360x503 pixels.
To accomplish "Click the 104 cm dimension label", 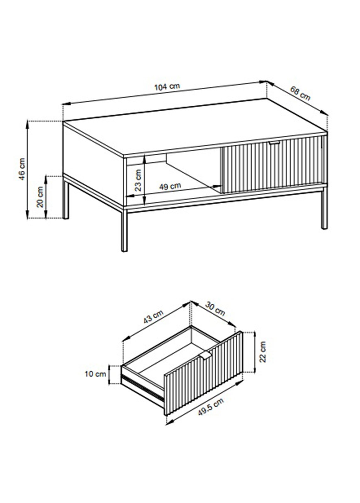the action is (167, 87).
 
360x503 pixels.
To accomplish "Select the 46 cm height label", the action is (22, 169).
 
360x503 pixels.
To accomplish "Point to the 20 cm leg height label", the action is (41, 197).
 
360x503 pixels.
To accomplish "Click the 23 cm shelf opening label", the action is (138, 180).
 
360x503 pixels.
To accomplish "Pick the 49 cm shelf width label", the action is (170, 186).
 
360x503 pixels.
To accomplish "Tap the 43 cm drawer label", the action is (153, 317).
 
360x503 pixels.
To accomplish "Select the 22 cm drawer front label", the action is (263, 355).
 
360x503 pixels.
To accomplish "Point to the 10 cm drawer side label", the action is (95, 374).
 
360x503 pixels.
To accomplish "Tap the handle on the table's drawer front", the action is (274, 143).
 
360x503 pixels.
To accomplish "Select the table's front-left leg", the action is (124, 230).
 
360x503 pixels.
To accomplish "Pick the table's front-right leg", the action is (324, 208).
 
